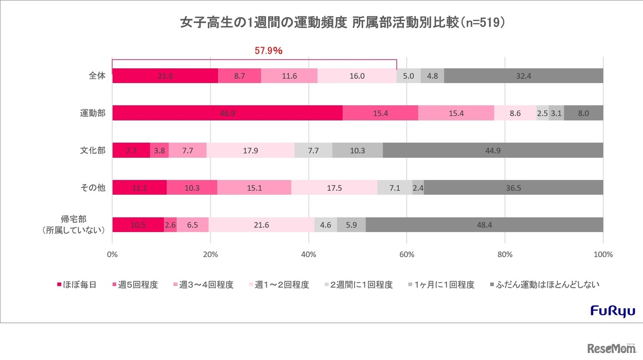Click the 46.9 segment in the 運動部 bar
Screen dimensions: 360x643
[x=228, y=113]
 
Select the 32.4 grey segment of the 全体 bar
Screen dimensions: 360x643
[x=523, y=76]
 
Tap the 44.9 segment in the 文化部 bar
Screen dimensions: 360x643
[x=493, y=150]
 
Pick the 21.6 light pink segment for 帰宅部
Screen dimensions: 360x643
[x=262, y=225]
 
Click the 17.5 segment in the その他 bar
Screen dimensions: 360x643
[x=334, y=187]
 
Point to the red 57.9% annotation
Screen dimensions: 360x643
[x=269, y=51]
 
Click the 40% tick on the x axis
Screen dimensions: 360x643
[x=308, y=254]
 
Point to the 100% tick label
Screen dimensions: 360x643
[x=603, y=254]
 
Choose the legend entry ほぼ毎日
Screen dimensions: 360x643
[x=76, y=285]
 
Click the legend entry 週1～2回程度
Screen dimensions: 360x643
[x=279, y=285]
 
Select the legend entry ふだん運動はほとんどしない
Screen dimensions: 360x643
[x=545, y=285]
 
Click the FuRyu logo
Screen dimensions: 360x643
[x=612, y=310]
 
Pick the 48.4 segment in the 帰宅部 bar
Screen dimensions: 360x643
[x=484, y=225]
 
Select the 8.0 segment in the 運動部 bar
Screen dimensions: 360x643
[x=583, y=113]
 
